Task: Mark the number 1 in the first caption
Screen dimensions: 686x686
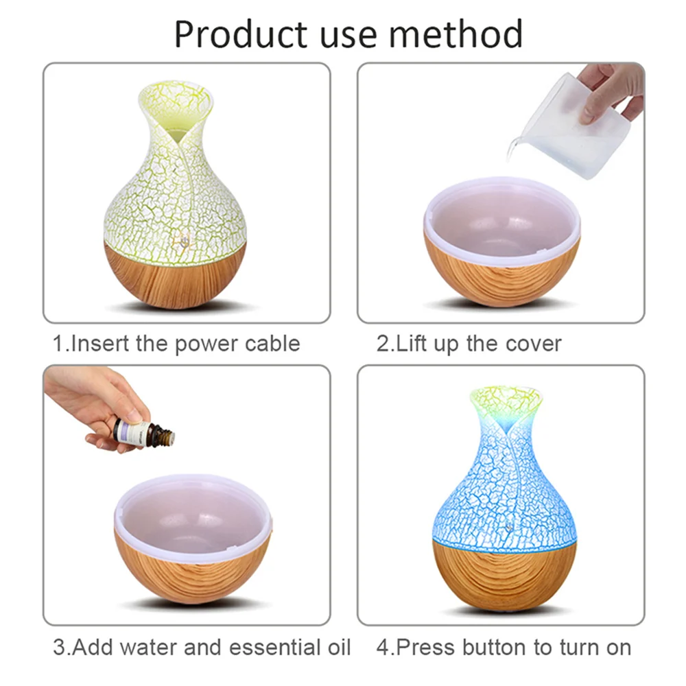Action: (x=59, y=343)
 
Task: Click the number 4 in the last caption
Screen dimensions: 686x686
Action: (x=383, y=647)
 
